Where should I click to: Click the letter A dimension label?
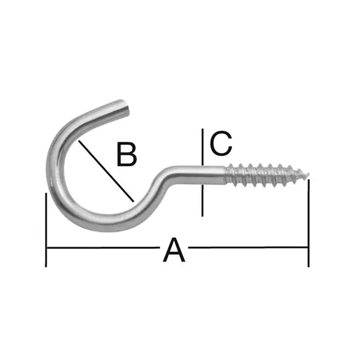click(174, 250)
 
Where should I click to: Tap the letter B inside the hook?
click(127, 154)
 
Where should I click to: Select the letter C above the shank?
click(221, 143)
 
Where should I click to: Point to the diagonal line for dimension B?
click(106, 171)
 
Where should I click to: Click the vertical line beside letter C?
click(202, 172)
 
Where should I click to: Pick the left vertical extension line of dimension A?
click(46, 230)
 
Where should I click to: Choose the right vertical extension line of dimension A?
click(308, 223)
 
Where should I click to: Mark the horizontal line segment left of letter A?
click(103, 248)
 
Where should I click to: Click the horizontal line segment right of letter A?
click(248, 247)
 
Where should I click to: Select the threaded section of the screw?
click(268, 175)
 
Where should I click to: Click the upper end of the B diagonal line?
click(79, 140)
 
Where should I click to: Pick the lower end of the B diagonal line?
click(133, 202)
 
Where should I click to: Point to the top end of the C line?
click(202, 129)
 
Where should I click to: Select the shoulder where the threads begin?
click(226, 175)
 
